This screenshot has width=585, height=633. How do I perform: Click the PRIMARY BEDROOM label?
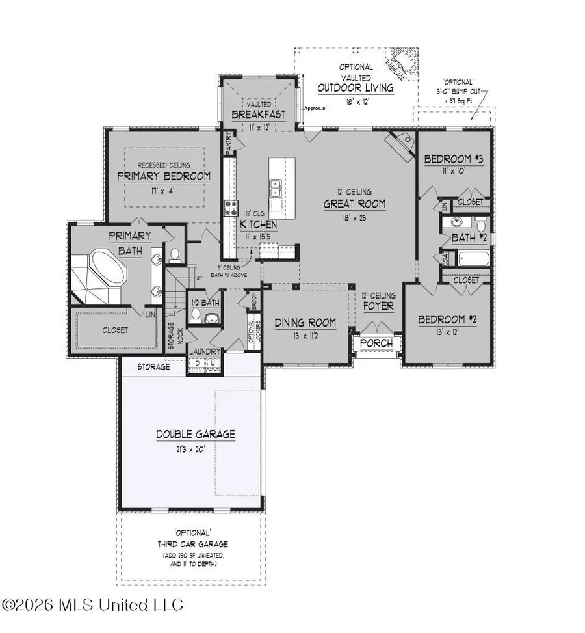(164, 176)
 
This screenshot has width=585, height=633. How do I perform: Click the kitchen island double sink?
(275, 188)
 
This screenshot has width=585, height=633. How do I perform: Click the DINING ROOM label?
(305, 323)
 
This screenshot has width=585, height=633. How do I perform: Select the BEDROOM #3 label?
(454, 160)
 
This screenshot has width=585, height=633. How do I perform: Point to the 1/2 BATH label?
(205, 303)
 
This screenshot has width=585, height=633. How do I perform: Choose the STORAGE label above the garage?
(153, 367)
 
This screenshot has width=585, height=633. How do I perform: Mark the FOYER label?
(378, 303)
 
